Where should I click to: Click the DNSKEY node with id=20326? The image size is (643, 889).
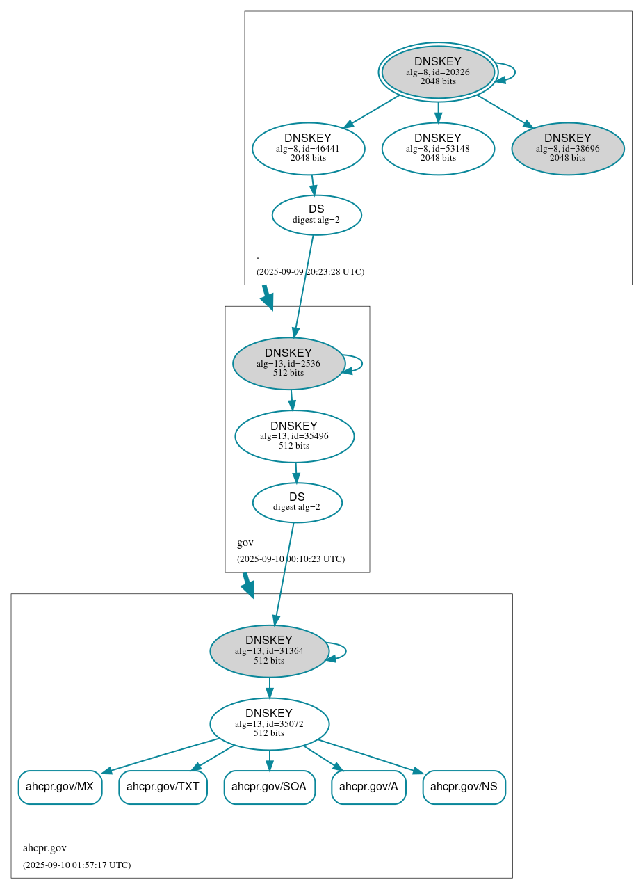pos(438,72)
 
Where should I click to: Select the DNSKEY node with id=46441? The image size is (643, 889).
pos(308,148)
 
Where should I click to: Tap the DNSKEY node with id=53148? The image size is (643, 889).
pos(438,148)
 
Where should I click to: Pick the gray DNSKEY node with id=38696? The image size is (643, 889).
pos(567,148)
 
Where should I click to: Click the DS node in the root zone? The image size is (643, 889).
pos(316,214)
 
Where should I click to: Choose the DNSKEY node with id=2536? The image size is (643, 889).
pos(288,363)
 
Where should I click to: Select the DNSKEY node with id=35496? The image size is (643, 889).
pos(294,436)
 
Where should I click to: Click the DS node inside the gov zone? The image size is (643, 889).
pos(297,502)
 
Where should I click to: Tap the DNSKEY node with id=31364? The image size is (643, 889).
pos(269,650)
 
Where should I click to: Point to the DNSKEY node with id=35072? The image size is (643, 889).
pos(269,723)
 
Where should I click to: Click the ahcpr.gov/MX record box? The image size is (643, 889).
pos(60,787)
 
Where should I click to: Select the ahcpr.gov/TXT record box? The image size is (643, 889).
pos(163,787)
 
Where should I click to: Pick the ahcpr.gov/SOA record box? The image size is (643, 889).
pos(269,787)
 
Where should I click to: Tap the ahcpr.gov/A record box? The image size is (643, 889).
pos(368,787)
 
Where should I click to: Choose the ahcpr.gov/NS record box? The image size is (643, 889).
pos(464,787)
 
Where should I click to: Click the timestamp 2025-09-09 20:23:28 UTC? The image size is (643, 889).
pos(310,271)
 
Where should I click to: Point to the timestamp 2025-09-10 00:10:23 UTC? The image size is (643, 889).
pos(291,559)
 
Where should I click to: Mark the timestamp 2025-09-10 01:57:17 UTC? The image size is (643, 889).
pos(76,865)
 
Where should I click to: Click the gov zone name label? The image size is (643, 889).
pos(245,543)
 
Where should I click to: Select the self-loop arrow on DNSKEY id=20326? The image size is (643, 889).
pos(513,72)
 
